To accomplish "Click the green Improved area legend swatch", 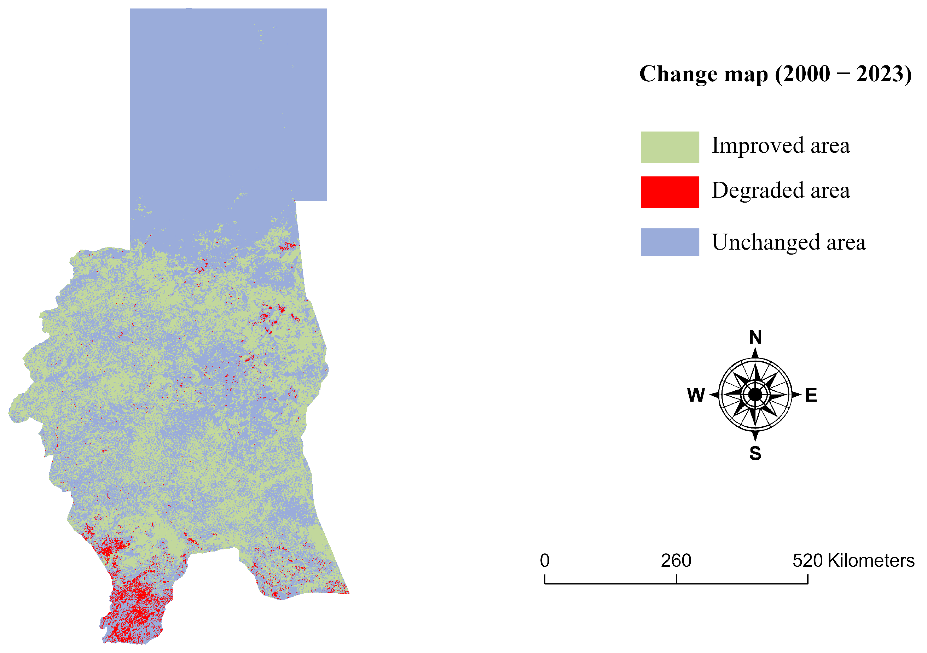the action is click(670, 147).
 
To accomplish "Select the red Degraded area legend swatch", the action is click(670, 192).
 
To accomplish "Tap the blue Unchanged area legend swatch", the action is click(670, 242).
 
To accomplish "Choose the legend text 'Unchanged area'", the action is click(788, 243).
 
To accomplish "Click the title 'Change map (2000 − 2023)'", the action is click(775, 74).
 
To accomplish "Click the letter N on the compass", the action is click(755, 337).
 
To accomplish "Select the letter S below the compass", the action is click(755, 453).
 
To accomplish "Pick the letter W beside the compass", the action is click(696, 395).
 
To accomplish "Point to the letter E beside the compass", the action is click(811, 395).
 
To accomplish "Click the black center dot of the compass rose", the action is click(755, 395).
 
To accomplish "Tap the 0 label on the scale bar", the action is click(545, 561).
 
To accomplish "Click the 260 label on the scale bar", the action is click(676, 561).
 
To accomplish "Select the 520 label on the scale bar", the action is click(807, 561).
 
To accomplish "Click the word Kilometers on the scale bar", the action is click(871, 561).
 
